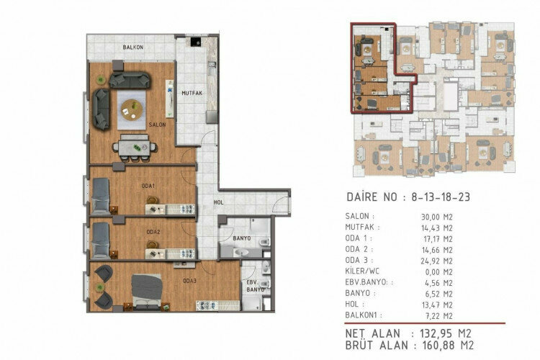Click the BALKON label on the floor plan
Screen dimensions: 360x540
point(132,47)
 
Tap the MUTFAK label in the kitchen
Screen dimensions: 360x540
point(189,93)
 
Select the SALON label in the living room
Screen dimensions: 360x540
point(158,125)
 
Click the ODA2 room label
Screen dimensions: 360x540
point(153,232)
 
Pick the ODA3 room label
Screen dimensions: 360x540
point(190,281)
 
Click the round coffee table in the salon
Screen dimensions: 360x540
point(131,109)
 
